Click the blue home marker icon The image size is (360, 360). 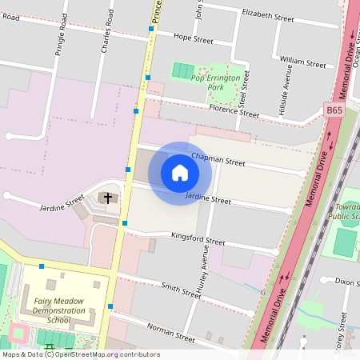pyautogui.click(x=180, y=173)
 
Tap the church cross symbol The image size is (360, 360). pyautogui.click(x=107, y=197)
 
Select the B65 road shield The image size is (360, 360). pyautogui.click(x=334, y=109)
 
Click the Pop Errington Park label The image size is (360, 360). pyautogui.click(x=217, y=78)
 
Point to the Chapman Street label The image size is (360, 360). pyautogui.click(x=218, y=161)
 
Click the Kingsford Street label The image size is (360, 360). pyautogui.click(x=198, y=239)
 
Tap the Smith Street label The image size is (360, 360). pyautogui.click(x=180, y=290)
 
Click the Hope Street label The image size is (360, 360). pyautogui.click(x=193, y=38)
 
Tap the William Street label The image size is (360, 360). pyautogui.click(x=302, y=61)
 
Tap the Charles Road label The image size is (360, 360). pyautogui.click(x=105, y=37)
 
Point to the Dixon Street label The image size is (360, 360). pyautogui.click(x=345, y=282)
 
